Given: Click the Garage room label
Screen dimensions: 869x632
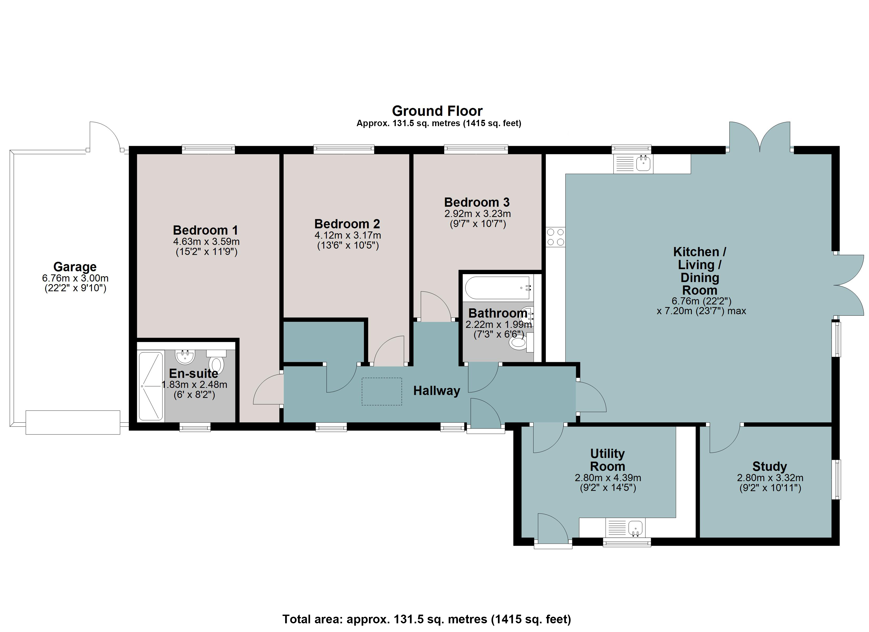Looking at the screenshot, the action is point(75,267).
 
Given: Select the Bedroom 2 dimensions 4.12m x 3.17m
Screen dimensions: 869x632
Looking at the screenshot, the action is point(348,235).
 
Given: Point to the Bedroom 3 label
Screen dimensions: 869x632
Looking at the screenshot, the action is point(477,202).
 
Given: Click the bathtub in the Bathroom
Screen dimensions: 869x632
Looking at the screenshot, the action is point(497,288).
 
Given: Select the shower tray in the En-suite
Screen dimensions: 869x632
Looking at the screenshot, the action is point(151,386).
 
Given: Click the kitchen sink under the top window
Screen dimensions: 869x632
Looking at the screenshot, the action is point(633,164).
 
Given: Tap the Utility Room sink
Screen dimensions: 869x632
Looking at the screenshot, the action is point(625,528).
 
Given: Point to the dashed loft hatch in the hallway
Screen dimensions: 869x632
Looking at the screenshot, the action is point(382,391).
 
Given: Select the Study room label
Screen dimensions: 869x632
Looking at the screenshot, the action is point(770,466).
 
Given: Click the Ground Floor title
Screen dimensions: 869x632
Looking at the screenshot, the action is point(437,111).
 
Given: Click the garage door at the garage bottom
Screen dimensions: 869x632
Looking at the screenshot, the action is point(73,422).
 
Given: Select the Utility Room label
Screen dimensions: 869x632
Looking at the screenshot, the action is point(608,460).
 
